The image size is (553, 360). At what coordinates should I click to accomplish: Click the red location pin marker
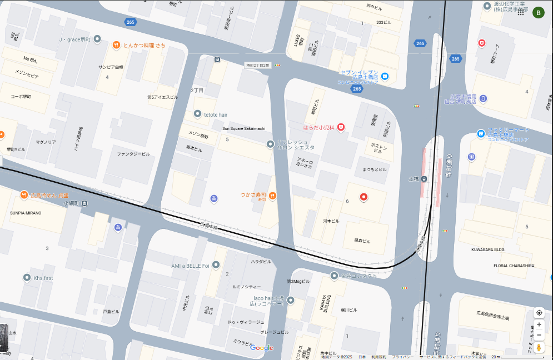click(363, 197)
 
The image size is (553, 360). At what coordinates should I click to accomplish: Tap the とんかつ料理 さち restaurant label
click(144, 45)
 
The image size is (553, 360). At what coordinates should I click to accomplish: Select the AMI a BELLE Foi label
click(190, 266)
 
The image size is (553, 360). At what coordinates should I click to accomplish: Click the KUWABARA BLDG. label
click(487, 250)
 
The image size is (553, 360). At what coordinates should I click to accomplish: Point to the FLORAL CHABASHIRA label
click(514, 266)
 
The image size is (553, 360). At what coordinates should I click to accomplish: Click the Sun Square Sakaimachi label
click(245, 129)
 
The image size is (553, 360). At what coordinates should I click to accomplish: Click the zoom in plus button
click(539, 324)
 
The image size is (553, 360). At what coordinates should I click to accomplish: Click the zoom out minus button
click(539, 335)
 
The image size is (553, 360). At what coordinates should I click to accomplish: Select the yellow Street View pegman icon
click(539, 348)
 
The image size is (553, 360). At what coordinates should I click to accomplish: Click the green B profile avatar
click(538, 13)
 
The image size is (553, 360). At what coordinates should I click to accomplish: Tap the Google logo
click(261, 348)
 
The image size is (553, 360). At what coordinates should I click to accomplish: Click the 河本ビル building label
click(331, 221)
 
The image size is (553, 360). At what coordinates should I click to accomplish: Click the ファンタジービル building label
click(133, 154)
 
